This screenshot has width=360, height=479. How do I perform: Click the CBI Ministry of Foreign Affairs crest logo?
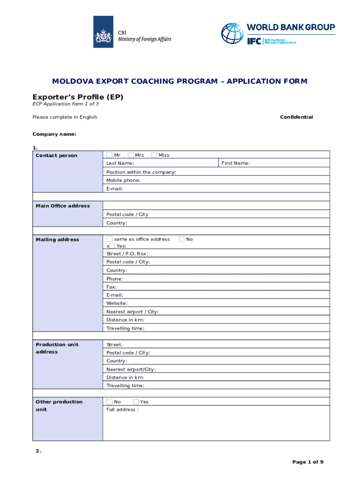pyautogui.click(x=103, y=32)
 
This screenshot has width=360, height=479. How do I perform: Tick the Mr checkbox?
pyautogui.click(x=109, y=155)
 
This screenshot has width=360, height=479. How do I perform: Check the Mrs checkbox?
pyautogui.click(x=130, y=155)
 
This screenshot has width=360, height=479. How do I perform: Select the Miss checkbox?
pyautogui.click(x=154, y=155)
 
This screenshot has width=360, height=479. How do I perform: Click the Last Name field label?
pyautogui.click(x=120, y=163)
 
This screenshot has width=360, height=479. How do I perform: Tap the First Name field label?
pyautogui.click(x=236, y=163)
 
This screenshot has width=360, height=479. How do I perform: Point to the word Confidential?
pyautogui.click(x=296, y=117)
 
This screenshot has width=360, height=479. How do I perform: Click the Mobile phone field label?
pyautogui.click(x=123, y=180)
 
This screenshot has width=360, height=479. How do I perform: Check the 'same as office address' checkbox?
pyautogui.click(x=109, y=239)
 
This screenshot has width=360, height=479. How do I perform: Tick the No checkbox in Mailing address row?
pyautogui.click(x=182, y=239)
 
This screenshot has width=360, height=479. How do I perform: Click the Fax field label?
pyautogui.click(x=111, y=287)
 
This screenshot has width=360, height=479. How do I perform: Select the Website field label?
pyautogui.click(x=117, y=303)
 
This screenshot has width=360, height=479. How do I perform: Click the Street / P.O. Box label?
pyautogui.click(x=128, y=254)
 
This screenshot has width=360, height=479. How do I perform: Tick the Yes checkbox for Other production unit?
pyautogui.click(x=136, y=402)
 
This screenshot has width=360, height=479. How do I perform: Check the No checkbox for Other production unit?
pyautogui.click(x=109, y=402)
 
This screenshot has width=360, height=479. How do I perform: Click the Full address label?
pyautogui.click(x=122, y=410)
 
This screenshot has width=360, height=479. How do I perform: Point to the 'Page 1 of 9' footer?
pyautogui.click(x=308, y=462)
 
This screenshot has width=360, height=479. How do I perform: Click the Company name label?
pyautogui.click(x=54, y=134)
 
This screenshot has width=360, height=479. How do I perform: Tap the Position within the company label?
pyautogui.click(x=141, y=172)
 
